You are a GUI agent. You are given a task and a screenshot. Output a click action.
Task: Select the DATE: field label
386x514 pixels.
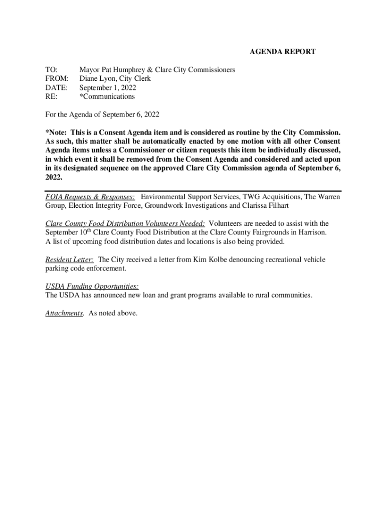click(x=56, y=87)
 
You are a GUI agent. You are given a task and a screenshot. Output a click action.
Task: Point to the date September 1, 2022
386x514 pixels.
click(x=108, y=87)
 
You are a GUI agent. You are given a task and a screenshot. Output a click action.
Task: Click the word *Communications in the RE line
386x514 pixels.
click(x=107, y=96)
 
